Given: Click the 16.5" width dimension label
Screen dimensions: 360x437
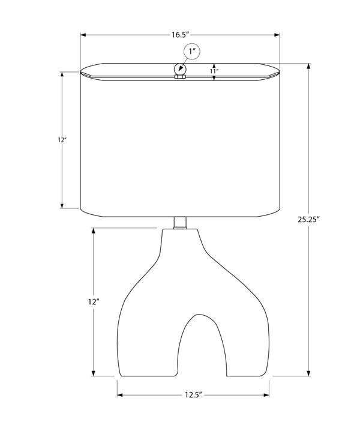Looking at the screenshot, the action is point(180,35).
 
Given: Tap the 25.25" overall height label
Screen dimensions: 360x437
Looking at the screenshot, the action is point(308,220).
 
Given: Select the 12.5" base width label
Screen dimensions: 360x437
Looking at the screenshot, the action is point(193,395).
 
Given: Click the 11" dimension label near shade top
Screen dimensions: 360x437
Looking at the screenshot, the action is point(214,71).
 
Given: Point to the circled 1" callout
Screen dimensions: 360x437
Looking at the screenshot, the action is point(192,52).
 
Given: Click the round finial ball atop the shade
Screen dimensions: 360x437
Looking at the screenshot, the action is point(180,69).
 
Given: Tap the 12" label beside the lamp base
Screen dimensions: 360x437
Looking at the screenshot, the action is point(94,301).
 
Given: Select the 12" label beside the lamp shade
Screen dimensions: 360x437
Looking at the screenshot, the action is point(62,140).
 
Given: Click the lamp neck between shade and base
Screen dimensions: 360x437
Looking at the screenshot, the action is point(180,223).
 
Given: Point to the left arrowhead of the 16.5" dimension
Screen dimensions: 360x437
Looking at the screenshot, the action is point(83,35).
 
